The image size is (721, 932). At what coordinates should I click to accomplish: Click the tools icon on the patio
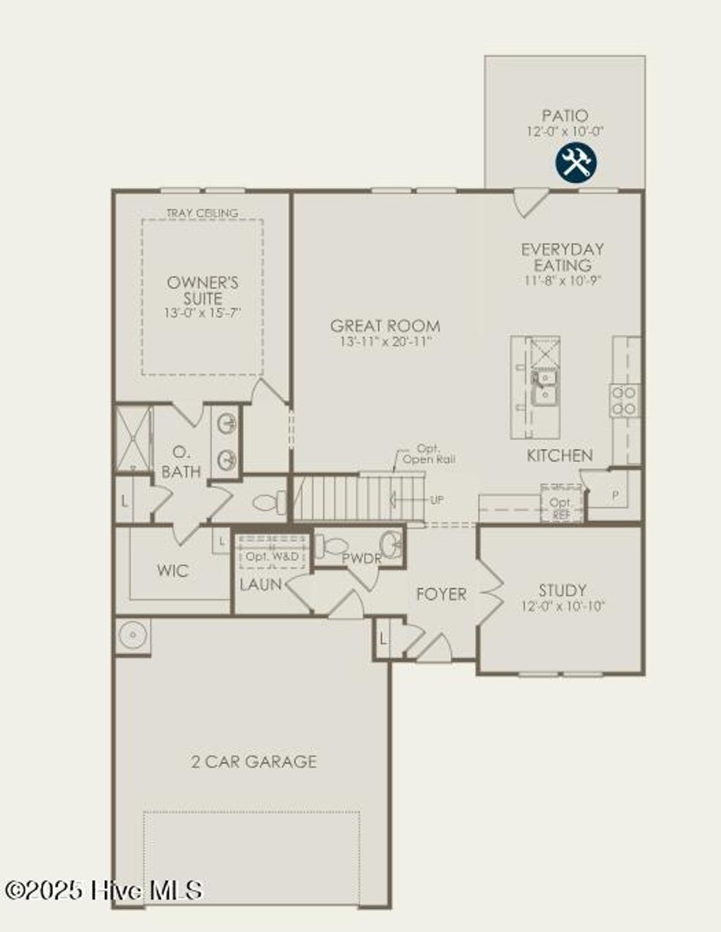tap(576, 163)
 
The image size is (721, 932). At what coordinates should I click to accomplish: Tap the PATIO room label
tap(565, 115)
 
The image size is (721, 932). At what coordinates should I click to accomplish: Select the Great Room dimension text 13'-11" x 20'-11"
tap(384, 341)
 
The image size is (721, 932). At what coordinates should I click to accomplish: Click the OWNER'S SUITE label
tap(203, 290)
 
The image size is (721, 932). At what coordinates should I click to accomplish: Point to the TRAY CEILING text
tap(202, 213)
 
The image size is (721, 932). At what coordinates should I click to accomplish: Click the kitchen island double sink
tap(543, 388)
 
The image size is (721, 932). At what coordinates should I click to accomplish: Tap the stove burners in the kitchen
tap(624, 400)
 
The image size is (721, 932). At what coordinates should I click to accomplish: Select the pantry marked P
tap(615, 496)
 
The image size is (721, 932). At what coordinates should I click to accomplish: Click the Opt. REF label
tap(561, 508)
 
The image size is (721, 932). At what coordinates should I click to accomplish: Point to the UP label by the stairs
tap(437, 500)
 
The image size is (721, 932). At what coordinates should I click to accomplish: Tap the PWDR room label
tap(361, 559)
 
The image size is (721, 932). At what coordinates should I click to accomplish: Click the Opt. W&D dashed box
tap(273, 555)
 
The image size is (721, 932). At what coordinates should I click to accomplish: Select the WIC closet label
tap(173, 570)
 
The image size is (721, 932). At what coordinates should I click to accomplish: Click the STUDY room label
tap(562, 591)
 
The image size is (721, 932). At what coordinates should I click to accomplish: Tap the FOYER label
tap(441, 595)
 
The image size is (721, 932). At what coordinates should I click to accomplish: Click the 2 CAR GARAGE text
tap(254, 762)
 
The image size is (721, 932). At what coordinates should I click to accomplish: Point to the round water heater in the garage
tap(132, 636)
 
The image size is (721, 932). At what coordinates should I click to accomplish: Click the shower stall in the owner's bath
tap(133, 438)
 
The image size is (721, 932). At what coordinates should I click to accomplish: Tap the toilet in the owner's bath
tap(270, 503)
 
